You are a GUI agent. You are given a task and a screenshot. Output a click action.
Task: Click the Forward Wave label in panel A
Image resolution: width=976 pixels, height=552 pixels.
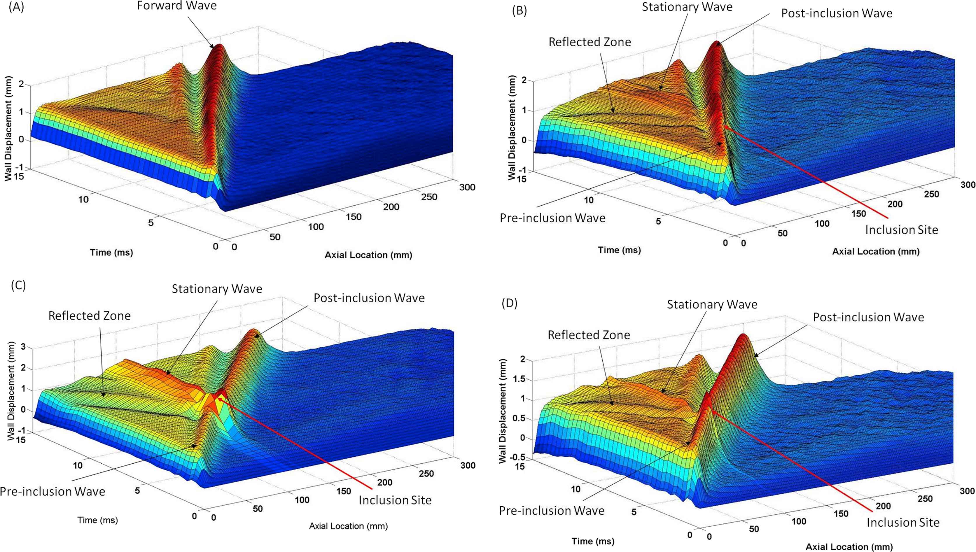point(177,6)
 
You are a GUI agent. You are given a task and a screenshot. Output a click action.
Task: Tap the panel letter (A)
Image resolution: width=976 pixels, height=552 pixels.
point(16,7)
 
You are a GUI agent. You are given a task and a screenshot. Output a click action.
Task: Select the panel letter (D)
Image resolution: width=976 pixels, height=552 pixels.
point(510,303)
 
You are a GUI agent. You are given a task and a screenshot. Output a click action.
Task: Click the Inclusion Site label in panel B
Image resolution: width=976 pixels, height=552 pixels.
point(901,230)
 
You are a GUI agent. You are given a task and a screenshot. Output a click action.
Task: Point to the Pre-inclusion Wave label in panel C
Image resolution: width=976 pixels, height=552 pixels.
point(52,491)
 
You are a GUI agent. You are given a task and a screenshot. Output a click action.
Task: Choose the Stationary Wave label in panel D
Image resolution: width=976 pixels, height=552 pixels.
point(712,304)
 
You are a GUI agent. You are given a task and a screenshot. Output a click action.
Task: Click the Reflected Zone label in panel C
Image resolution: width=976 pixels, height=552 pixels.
point(90,316)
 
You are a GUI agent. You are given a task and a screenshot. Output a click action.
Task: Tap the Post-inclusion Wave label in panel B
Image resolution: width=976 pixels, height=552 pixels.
point(837,13)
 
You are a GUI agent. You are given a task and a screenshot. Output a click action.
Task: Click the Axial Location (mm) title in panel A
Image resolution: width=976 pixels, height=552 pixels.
point(368,255)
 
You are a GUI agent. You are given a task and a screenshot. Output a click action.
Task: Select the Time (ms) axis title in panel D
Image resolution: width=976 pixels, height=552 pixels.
point(593,541)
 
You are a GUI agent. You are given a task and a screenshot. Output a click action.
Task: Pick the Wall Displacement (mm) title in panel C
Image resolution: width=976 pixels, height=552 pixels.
point(11,391)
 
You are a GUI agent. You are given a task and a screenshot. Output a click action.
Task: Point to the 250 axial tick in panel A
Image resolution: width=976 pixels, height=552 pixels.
point(429,197)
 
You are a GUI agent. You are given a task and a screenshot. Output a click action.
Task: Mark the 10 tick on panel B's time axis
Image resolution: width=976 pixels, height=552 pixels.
point(588,200)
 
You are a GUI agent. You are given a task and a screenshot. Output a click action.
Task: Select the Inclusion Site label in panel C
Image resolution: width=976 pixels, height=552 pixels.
point(395,500)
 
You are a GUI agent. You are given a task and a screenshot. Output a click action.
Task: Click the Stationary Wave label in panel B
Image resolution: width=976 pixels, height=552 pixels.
point(687,7)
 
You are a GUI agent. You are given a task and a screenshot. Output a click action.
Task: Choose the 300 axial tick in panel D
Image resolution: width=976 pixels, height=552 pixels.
point(967,491)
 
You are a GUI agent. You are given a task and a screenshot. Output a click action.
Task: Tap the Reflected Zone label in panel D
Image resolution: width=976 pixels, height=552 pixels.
point(589,335)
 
